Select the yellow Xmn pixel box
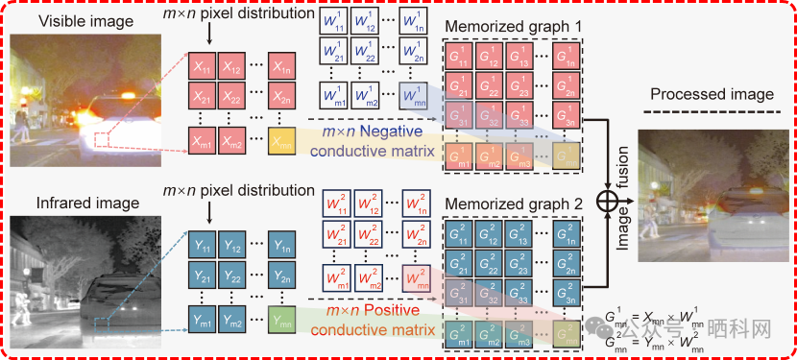pos(282,142)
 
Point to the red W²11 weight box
pos(332,206)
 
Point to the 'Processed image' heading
pos(712,94)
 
